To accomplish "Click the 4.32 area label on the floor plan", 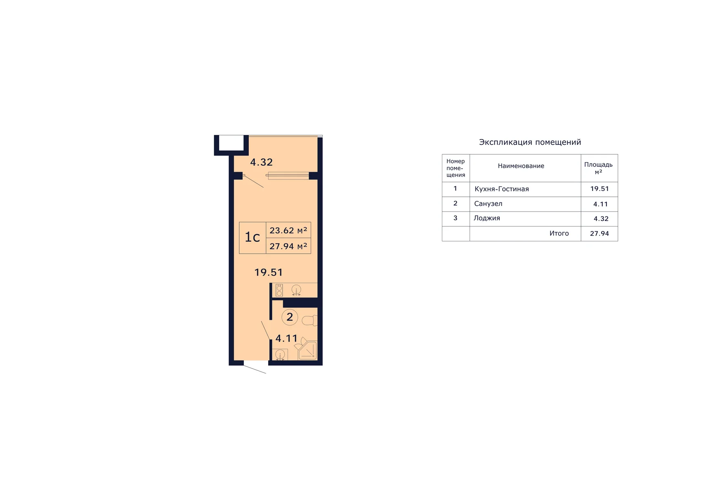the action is point(261,162).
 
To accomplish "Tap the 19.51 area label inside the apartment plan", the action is point(269,272).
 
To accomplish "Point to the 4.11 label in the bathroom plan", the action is point(286,338).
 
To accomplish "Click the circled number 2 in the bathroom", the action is point(290,317).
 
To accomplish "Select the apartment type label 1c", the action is point(252,237).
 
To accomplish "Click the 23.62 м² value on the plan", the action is point(288,230).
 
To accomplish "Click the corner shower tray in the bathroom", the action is point(308,350).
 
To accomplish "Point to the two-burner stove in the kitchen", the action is point(279,290).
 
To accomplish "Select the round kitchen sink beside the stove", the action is point(296,290).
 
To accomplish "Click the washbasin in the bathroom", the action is point(280,354).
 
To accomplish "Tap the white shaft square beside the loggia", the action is point(231,143).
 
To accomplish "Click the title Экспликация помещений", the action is point(530,142).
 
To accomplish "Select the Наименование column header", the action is point(521,166).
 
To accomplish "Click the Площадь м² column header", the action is point(598,168).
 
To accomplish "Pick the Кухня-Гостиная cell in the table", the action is point(502,189).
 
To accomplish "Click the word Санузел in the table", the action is point(488,204).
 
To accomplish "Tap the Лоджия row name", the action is point(486,218).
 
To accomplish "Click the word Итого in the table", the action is point(559,233).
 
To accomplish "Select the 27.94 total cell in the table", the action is point(599,233).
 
